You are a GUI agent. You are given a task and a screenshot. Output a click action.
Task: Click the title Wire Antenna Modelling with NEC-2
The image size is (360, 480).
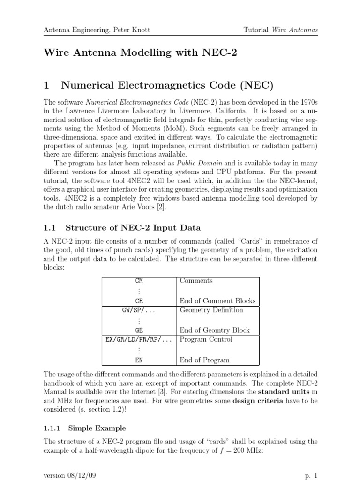(x=140, y=52)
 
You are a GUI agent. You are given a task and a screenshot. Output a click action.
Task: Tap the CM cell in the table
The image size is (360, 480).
(x=139, y=281)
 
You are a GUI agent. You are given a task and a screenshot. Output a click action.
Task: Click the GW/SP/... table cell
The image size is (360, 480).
(x=139, y=310)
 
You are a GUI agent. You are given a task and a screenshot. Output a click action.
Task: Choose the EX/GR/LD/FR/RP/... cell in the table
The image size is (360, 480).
(x=139, y=340)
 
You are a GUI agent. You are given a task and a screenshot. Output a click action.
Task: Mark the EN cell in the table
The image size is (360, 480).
(x=139, y=360)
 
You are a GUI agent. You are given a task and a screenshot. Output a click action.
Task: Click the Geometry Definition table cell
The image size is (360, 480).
(x=211, y=310)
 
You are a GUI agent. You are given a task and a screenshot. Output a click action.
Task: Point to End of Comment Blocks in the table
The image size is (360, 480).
(x=218, y=301)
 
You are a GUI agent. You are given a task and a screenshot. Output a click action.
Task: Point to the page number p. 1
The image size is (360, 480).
(x=311, y=475)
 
